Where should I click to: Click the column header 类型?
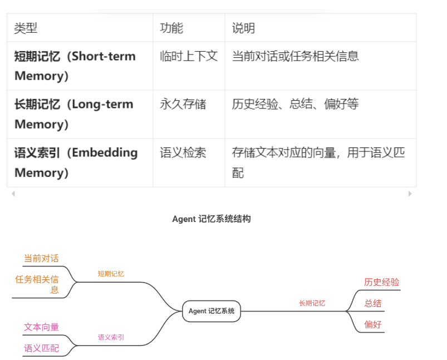pyautogui.click(x=26, y=28)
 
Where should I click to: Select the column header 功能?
pyautogui.click(x=171, y=28)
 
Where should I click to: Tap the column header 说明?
pyautogui.click(x=243, y=28)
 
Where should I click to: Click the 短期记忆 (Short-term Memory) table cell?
pyautogui.click(x=76, y=66)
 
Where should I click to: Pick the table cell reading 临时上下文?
pyautogui.click(x=188, y=56)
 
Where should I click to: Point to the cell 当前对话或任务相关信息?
pyautogui.click(x=295, y=56)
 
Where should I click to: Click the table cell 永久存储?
pyautogui.click(x=183, y=105)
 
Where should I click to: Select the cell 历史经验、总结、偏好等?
pyautogui.click(x=295, y=105)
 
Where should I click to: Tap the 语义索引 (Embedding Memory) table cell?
pyautogui.click(x=76, y=162)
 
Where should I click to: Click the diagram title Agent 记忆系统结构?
pyautogui.click(x=212, y=219)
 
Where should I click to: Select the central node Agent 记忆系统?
pyautogui.click(x=212, y=311)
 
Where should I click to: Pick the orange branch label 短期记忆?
pyautogui.click(x=111, y=274)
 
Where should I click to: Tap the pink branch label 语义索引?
pyautogui.click(x=111, y=337)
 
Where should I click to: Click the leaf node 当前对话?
pyautogui.click(x=41, y=258)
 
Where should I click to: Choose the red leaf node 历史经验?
pyautogui.click(x=382, y=282)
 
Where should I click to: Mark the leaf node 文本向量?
pyautogui.click(x=41, y=327)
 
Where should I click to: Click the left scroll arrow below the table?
pyautogui.click(x=13, y=194)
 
